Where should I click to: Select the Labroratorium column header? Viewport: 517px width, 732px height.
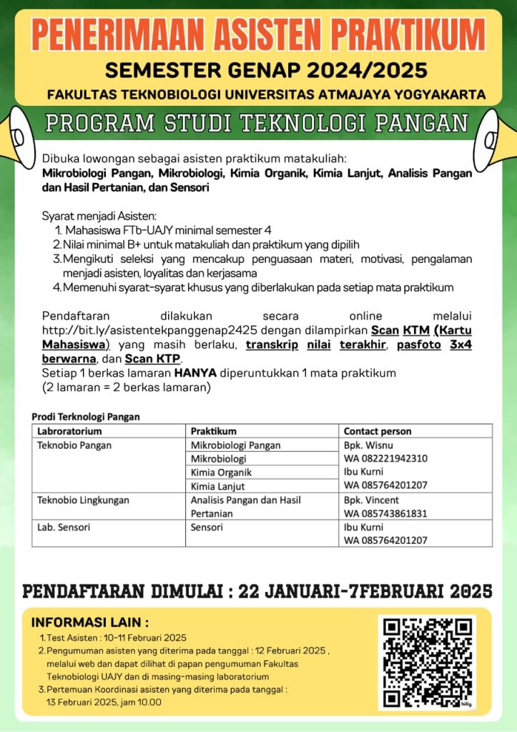[70, 432]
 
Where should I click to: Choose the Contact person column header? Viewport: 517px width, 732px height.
[378, 432]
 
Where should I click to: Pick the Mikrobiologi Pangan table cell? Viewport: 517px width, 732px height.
[236, 445]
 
